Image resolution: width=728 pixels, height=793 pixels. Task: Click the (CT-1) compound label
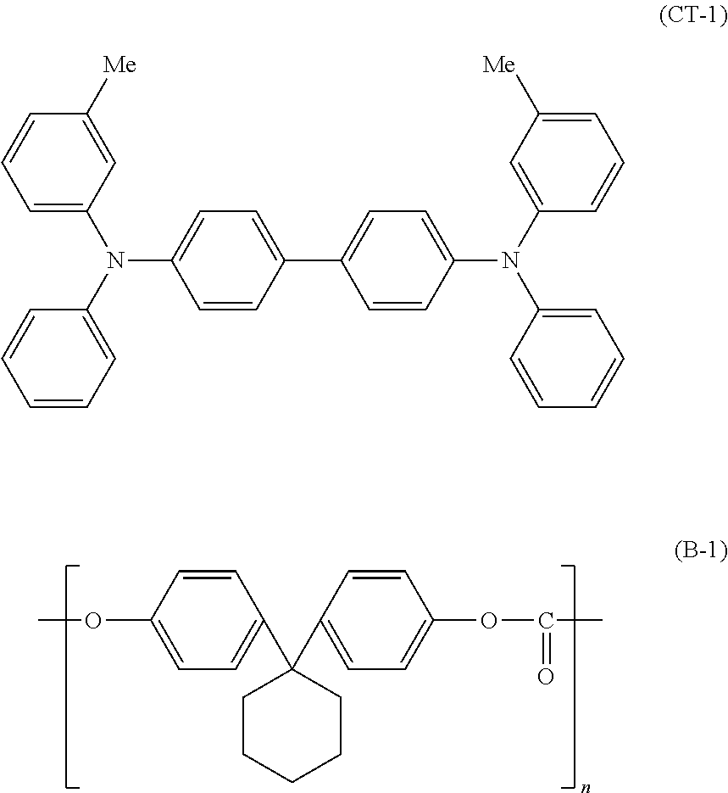pos(692,18)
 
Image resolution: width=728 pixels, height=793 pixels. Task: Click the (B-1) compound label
pos(700,551)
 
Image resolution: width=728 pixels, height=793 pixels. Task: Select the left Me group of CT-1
pos(119,64)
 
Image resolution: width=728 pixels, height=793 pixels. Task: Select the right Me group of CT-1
pos(499,64)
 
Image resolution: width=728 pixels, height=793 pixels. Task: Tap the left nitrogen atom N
pos(115,260)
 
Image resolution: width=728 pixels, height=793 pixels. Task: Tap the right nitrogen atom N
pos(509,260)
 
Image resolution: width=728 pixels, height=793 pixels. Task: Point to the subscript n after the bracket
pos(585,788)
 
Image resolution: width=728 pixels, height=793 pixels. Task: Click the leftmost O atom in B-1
pos(92,622)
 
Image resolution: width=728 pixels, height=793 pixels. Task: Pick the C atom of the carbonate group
pos(546,622)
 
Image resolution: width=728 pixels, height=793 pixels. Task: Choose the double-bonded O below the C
pos(546,676)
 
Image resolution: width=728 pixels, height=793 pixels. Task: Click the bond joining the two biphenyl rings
pos(312,260)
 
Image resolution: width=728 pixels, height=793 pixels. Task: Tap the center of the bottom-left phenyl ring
pos(58,358)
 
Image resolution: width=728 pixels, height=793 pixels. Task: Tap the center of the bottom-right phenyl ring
pos(567,358)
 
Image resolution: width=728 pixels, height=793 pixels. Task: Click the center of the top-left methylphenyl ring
pos(58,161)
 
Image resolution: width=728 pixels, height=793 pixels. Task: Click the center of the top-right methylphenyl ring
pos(567,161)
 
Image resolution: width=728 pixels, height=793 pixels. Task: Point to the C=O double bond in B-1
pos(546,650)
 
